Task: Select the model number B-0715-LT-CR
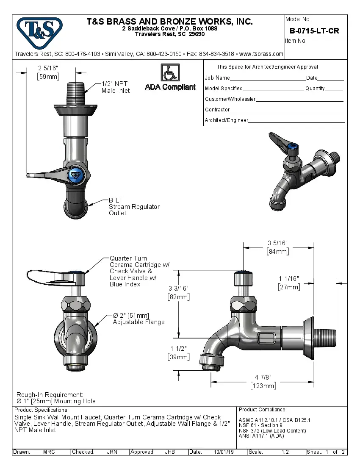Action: pyautogui.click(x=314, y=31)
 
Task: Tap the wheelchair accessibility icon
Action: pyautogui.click(x=170, y=72)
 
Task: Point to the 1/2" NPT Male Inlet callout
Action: pyautogui.click(x=116, y=87)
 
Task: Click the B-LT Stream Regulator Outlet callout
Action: pyautogui.click(x=134, y=207)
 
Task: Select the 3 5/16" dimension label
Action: pyautogui.click(x=277, y=247)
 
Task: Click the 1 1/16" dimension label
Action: pyautogui.click(x=289, y=283)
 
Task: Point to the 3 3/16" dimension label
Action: pyautogui.click(x=178, y=292)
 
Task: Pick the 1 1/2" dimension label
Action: pyautogui.click(x=178, y=352)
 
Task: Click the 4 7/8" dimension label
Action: pyautogui.click(x=263, y=381)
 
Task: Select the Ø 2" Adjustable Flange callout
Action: pyautogui.click(x=138, y=319)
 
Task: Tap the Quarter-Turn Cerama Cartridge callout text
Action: pyautogui.click(x=139, y=271)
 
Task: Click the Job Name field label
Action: pyautogui.click(x=217, y=78)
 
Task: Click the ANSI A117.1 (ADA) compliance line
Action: pyautogui.click(x=261, y=435)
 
